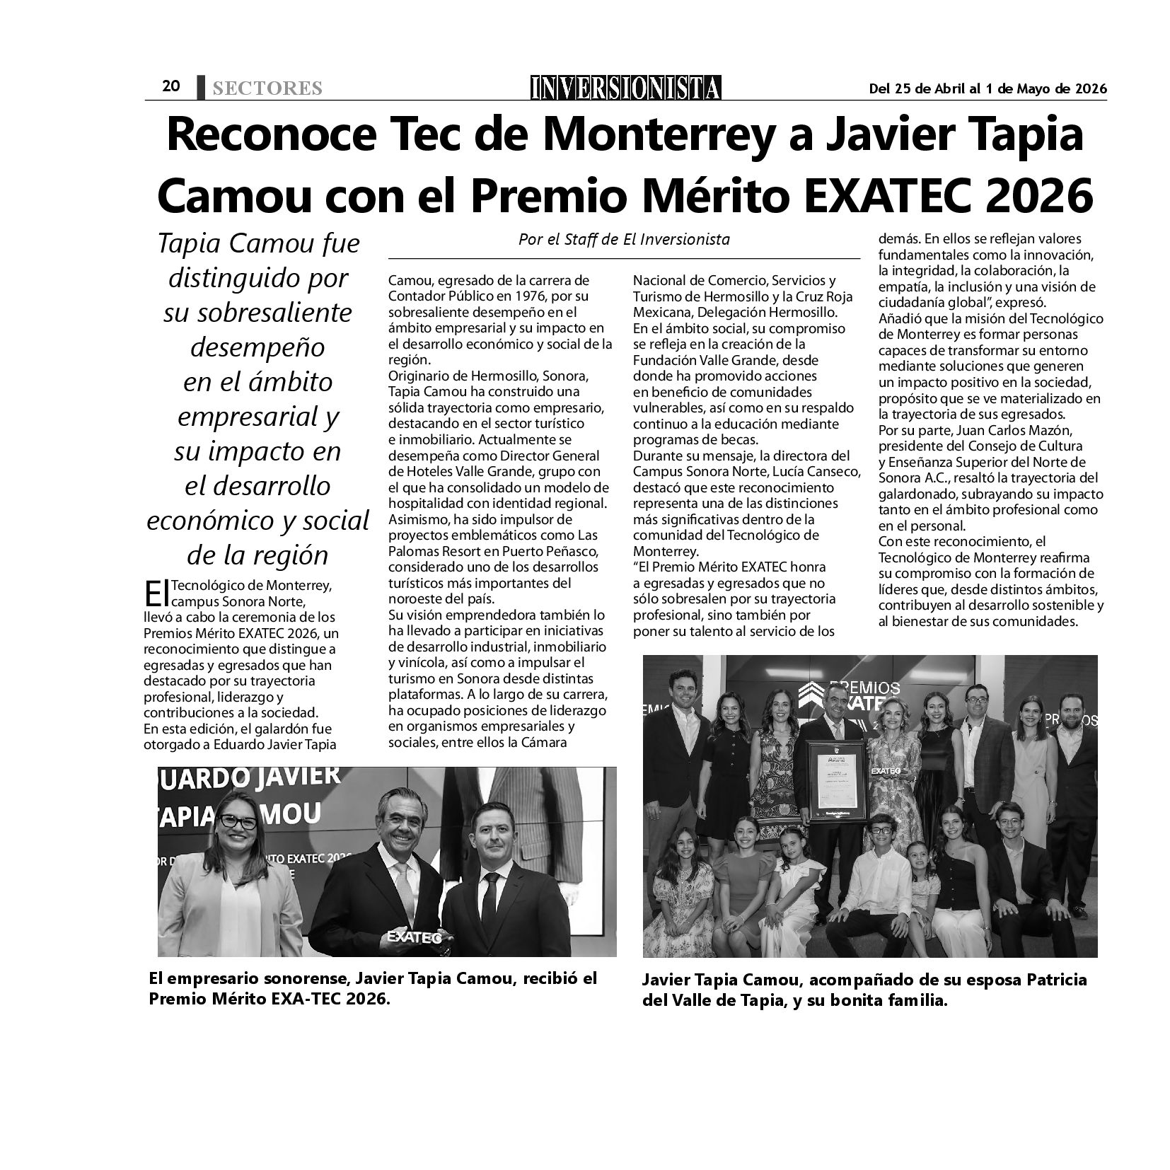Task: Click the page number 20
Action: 171,86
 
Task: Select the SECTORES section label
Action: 267,88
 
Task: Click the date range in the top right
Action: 987,88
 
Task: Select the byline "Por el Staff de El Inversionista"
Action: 624,239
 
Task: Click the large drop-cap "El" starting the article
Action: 156,593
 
